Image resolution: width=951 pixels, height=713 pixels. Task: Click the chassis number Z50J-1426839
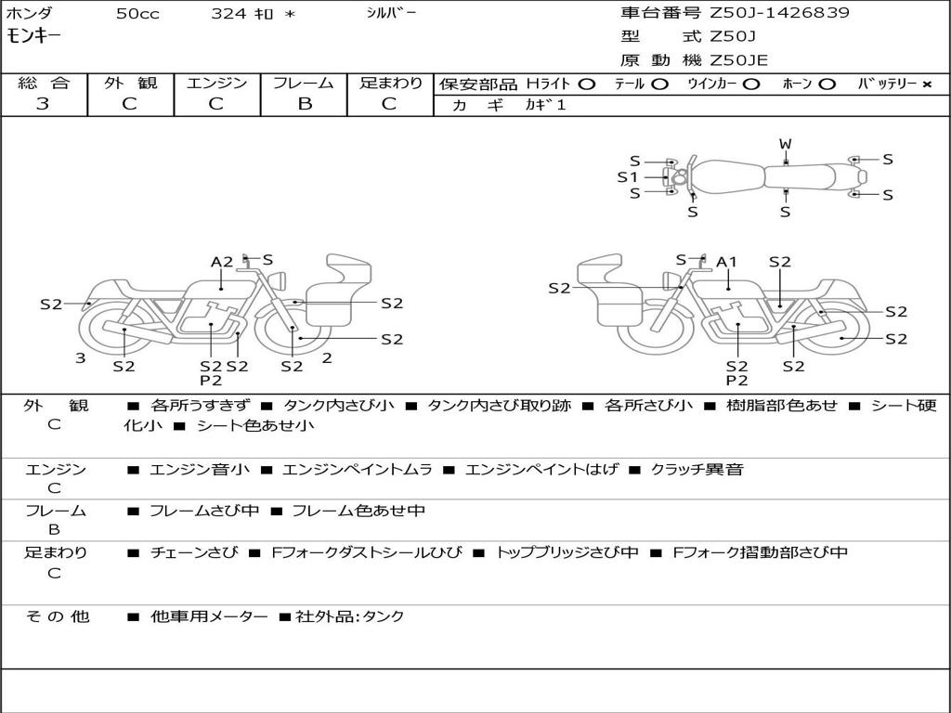point(779,12)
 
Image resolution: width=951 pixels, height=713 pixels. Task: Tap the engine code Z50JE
point(738,60)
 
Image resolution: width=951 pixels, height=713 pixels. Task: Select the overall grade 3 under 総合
point(43,104)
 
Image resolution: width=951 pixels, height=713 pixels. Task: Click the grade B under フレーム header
point(305,104)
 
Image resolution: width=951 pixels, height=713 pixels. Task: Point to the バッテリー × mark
point(927,84)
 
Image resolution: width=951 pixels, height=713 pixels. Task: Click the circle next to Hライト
point(586,84)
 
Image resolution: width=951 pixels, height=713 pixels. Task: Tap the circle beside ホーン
point(827,84)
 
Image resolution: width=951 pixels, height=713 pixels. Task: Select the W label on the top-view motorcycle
point(786,144)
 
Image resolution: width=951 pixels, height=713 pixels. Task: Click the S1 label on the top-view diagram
point(628,177)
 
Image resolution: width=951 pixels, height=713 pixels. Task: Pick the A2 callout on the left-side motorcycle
point(222,262)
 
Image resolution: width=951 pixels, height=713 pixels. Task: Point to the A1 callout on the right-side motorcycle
point(726,262)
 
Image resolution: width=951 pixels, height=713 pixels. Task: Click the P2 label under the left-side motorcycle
point(211,380)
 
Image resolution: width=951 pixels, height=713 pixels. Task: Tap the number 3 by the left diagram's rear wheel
point(80,358)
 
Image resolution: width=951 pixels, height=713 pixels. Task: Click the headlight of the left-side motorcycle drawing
point(279,281)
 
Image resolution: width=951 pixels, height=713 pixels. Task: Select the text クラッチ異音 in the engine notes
point(697,469)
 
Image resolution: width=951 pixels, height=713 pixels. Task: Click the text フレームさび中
point(204,511)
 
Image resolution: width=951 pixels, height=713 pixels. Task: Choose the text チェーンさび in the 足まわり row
point(194,552)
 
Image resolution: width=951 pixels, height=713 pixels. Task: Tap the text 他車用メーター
point(209,616)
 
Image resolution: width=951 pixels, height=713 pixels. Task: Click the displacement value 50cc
point(137,14)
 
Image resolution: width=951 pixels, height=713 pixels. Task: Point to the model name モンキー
point(34,36)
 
